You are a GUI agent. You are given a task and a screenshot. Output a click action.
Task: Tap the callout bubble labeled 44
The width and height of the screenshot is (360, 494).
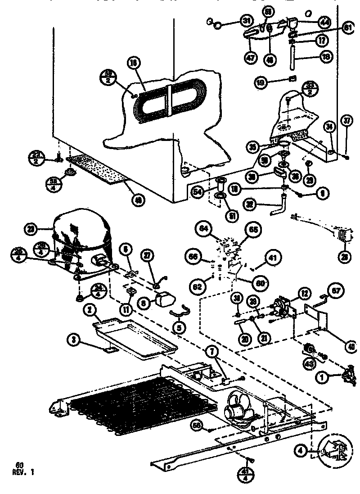(x=324, y=21)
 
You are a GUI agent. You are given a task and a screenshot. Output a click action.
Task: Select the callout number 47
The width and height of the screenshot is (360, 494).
(x=250, y=57)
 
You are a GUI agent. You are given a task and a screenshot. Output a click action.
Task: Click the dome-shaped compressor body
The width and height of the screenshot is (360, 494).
(x=81, y=234)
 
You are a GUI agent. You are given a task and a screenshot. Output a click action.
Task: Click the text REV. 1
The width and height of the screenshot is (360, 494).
(x=22, y=472)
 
